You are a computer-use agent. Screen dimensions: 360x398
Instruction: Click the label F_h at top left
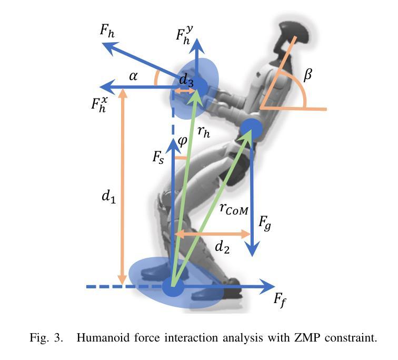coord(107,30)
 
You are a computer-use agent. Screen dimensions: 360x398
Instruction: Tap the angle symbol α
coord(133,76)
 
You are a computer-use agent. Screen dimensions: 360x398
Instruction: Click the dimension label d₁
coord(108,197)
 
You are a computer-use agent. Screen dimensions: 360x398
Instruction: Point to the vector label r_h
coord(203,132)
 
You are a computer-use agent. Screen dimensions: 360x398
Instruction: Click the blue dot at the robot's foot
coord(172,287)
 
